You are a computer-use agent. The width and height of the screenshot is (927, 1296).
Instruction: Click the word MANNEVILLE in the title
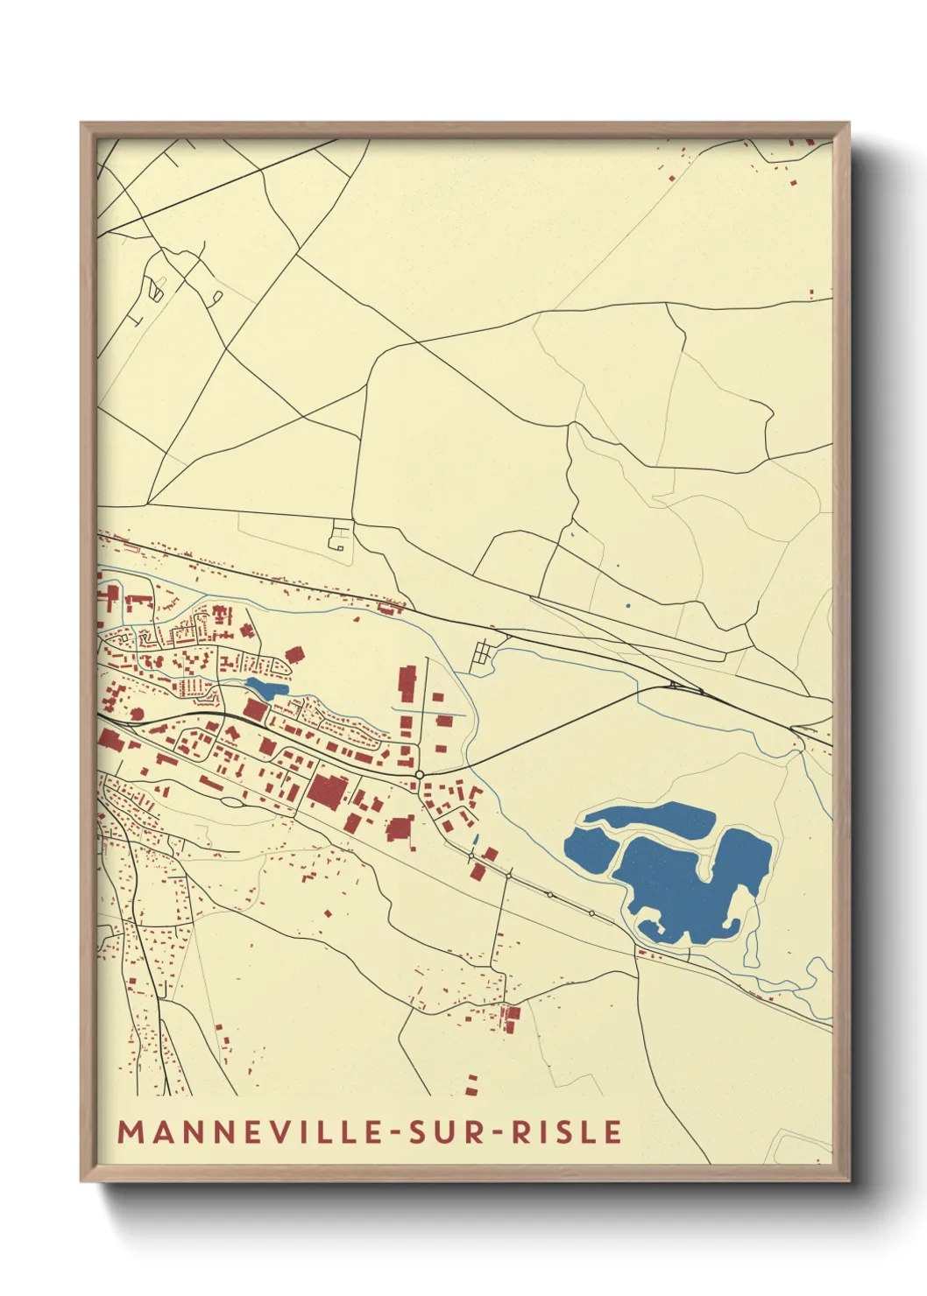250,1131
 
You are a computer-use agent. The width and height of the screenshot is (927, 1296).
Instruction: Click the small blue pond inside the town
265,687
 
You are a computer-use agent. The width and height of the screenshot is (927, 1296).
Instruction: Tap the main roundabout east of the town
420,775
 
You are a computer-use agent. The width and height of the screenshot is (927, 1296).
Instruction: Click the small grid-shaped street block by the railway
482,655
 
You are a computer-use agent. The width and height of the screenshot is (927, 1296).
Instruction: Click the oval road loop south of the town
231,801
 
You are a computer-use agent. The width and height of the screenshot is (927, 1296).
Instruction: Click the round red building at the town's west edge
137,713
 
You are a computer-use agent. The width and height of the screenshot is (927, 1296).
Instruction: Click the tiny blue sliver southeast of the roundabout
476,839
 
